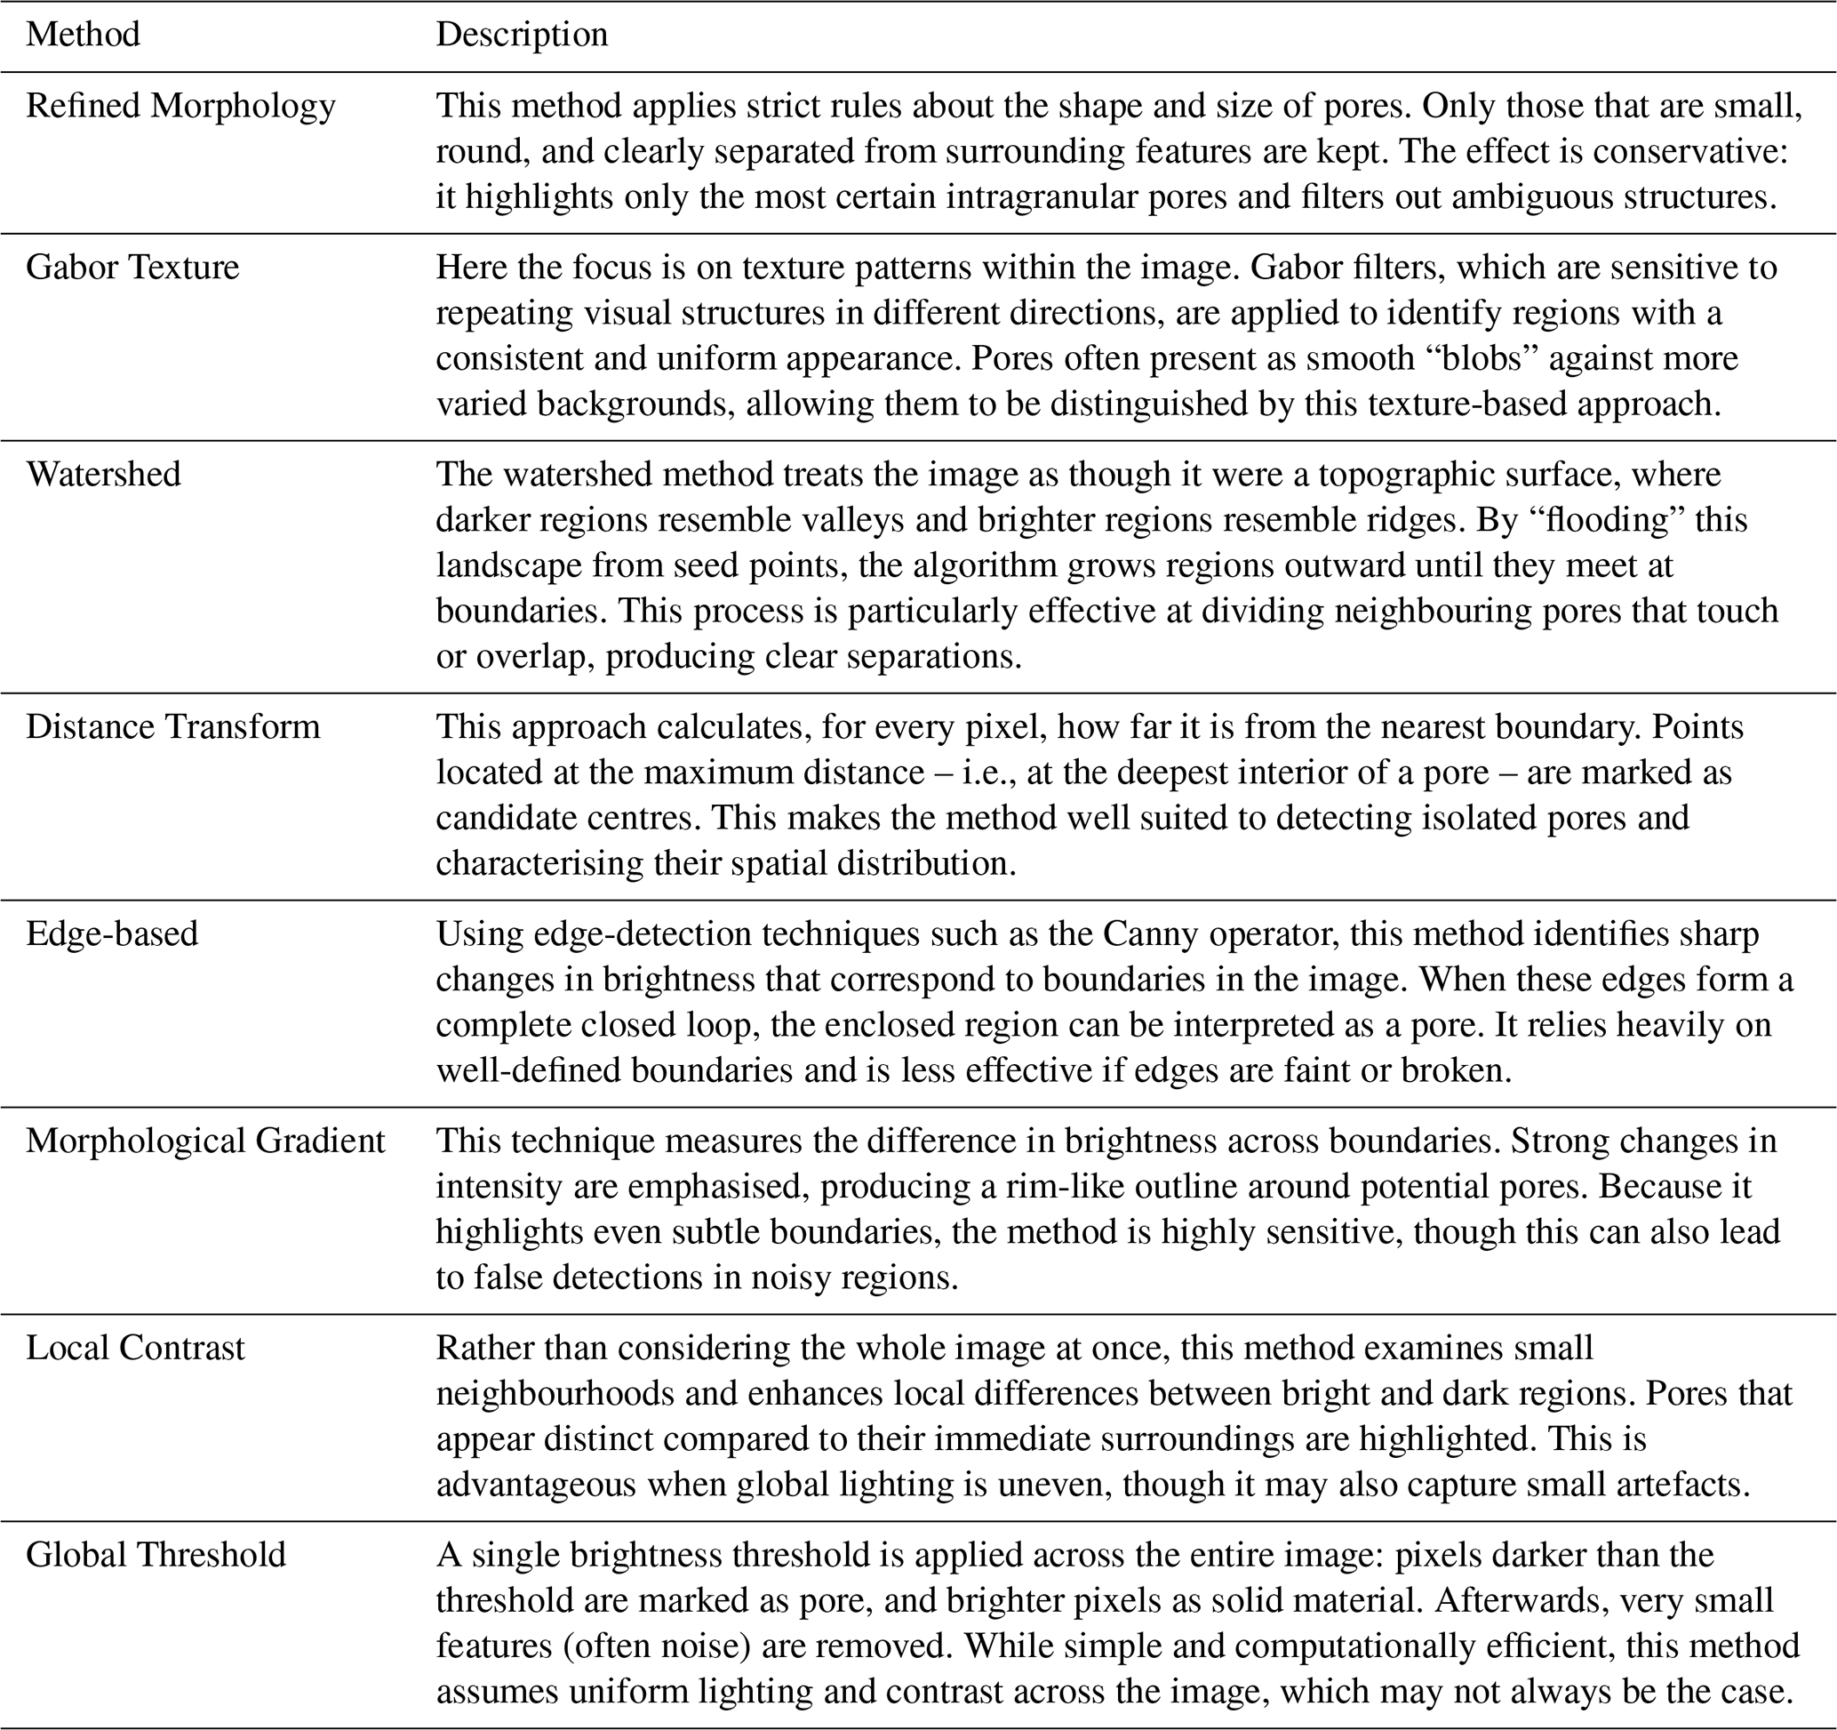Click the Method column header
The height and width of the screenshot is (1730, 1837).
tap(84, 34)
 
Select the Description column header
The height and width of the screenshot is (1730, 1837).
tap(522, 34)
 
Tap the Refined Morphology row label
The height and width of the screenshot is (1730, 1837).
tap(180, 106)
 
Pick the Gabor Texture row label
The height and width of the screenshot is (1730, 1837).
tap(132, 266)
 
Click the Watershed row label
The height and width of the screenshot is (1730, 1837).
tap(103, 473)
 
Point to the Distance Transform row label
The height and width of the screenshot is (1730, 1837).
tap(172, 726)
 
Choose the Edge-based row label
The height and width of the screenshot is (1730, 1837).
tap(112, 933)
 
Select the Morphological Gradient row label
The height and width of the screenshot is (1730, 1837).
tap(205, 1141)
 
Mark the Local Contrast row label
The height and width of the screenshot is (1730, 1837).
tap(135, 1348)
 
